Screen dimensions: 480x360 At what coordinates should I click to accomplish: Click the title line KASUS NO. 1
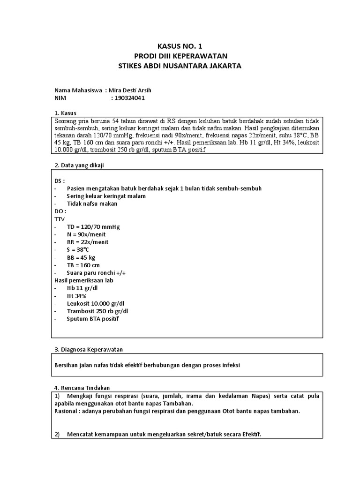(180, 46)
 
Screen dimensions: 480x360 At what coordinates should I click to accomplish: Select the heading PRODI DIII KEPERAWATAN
(180, 56)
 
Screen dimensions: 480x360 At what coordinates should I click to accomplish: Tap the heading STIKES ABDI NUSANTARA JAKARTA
(180, 66)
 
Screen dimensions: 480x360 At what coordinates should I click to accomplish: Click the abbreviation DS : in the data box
(60, 180)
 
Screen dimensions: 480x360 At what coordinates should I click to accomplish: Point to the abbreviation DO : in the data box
(60, 211)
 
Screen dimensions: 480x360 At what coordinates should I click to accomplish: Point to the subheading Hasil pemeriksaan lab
(84, 280)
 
